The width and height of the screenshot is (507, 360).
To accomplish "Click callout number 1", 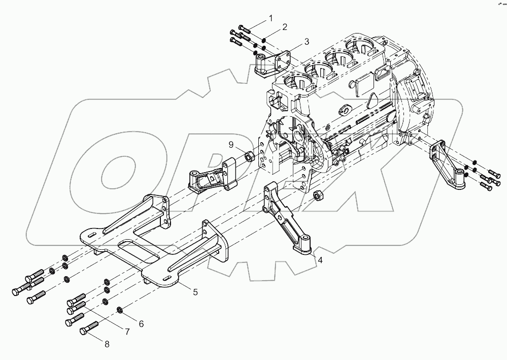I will point(271,18).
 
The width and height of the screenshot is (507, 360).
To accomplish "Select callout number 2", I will point(285,26).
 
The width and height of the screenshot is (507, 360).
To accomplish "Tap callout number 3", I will point(307,41).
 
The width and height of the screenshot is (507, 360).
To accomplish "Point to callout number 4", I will point(320,260).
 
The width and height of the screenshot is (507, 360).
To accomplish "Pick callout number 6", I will point(141,323).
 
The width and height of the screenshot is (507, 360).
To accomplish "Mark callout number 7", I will point(127,332).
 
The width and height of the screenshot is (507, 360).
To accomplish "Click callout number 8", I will point(107,344).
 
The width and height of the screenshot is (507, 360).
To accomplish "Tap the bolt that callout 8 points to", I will point(88,330).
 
